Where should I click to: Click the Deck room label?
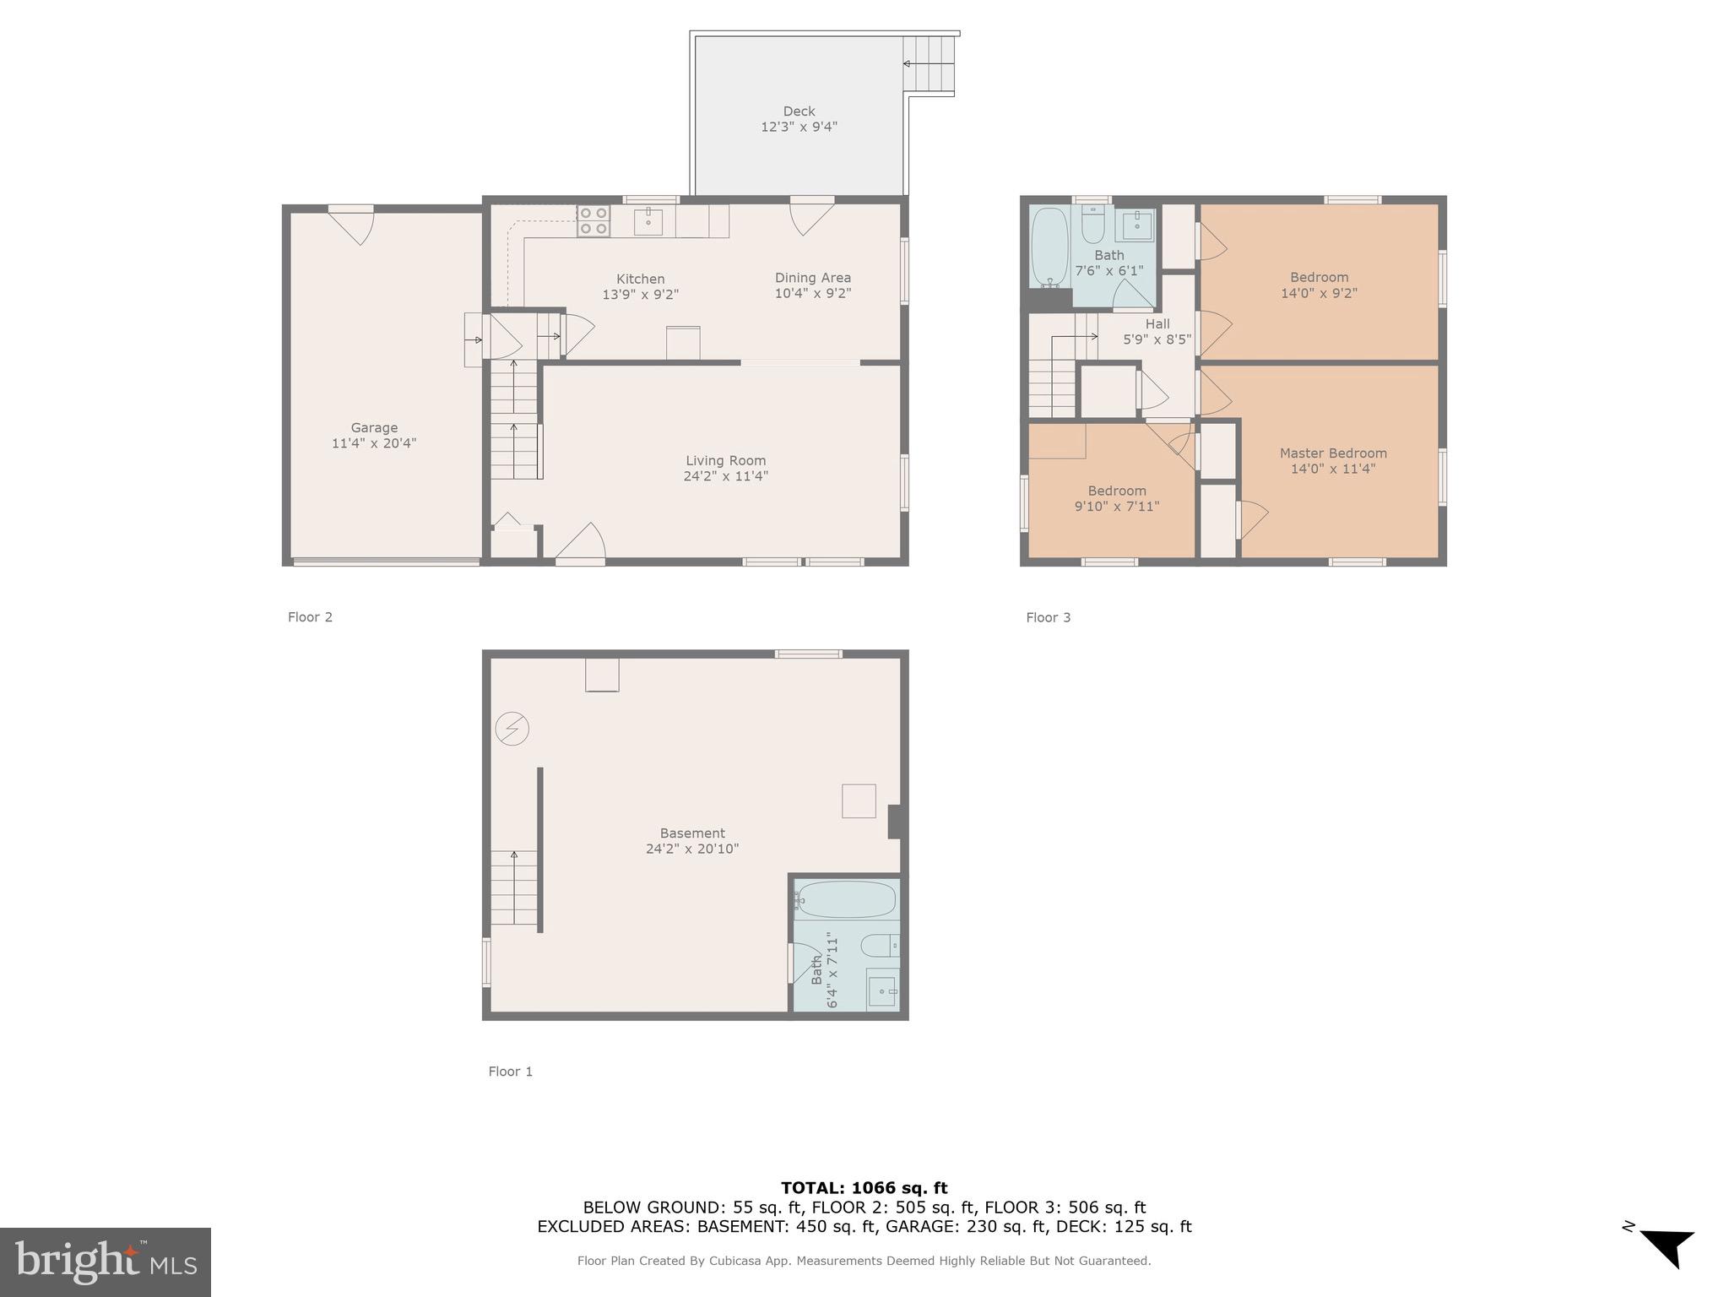pos(799,111)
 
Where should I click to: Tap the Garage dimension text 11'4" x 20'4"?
pos(374,443)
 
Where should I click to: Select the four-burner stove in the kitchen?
pos(593,221)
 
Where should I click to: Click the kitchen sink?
pos(648,222)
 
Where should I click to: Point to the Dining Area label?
pos(813,278)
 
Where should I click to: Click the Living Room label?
pos(725,461)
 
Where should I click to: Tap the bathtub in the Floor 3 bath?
pos(1049,247)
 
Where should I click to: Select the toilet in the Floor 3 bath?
pos(1093,225)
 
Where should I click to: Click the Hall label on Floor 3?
pos(1157,324)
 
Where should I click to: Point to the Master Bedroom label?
pos(1333,453)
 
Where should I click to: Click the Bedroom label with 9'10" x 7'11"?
pos(1117,491)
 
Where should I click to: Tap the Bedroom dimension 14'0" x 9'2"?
pos(1319,293)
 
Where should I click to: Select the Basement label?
pos(692,833)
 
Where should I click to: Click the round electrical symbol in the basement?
pos(512,729)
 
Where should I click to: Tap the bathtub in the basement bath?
pos(846,900)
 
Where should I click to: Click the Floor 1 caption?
pos(511,1072)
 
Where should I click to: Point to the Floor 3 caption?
pos(1048,617)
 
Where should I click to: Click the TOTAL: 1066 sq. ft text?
pos(864,1188)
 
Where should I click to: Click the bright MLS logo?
pos(106,1262)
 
